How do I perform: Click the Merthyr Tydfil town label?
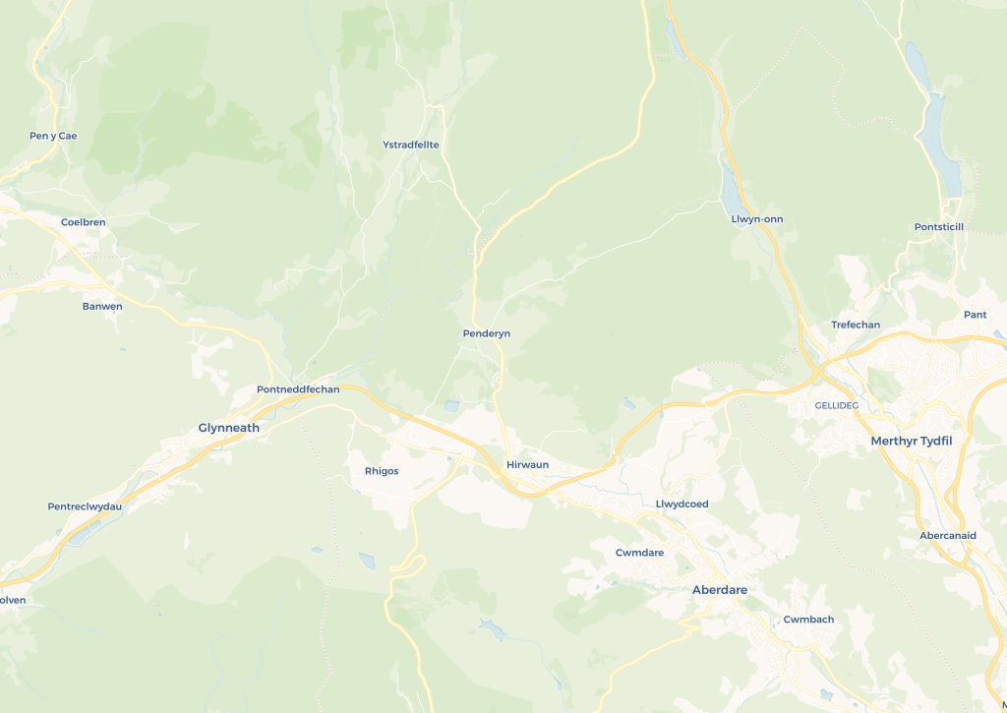pyautogui.click(x=911, y=441)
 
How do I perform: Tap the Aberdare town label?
pyautogui.click(x=719, y=590)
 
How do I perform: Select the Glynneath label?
pyautogui.click(x=229, y=428)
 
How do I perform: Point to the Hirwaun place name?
pyautogui.click(x=527, y=464)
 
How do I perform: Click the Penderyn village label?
pyautogui.click(x=486, y=333)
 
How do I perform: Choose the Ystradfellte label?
pyautogui.click(x=410, y=145)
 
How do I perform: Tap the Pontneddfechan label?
pyautogui.click(x=298, y=389)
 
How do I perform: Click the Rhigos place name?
pyautogui.click(x=382, y=471)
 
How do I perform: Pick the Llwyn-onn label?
pyautogui.click(x=757, y=218)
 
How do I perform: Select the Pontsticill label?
pyautogui.click(x=939, y=227)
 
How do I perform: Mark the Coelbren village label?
pyautogui.click(x=83, y=222)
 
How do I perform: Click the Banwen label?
pyautogui.click(x=102, y=307)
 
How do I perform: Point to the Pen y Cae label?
pyautogui.click(x=53, y=136)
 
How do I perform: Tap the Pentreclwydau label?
pyautogui.click(x=85, y=506)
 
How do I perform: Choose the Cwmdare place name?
pyautogui.click(x=639, y=553)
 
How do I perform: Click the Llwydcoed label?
pyautogui.click(x=681, y=504)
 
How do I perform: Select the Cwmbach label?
pyautogui.click(x=808, y=620)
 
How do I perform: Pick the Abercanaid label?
pyautogui.click(x=947, y=535)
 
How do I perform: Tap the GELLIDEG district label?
pyautogui.click(x=837, y=405)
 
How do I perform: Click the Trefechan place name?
pyautogui.click(x=856, y=325)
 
